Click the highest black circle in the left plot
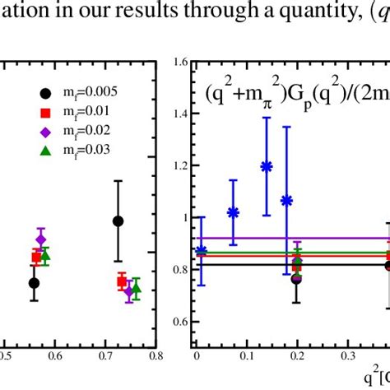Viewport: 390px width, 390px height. click(118, 221)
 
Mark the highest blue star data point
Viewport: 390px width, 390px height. click(266, 166)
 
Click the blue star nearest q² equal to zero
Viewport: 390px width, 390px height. click(202, 251)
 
